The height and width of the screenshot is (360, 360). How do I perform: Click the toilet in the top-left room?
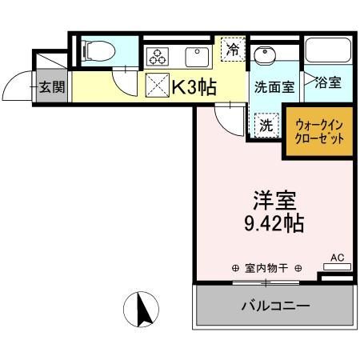[98, 50]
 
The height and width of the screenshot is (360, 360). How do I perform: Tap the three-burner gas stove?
[158, 57]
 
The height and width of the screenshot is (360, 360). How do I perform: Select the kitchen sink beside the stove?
[197, 57]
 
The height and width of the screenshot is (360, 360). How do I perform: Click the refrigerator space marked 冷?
[233, 50]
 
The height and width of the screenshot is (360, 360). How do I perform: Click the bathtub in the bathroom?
[328, 50]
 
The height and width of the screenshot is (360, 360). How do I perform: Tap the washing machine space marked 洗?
[266, 125]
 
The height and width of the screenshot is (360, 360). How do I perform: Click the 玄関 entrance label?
[52, 87]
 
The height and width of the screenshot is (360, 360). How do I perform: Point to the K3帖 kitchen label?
[194, 87]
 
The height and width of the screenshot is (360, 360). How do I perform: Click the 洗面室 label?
[274, 87]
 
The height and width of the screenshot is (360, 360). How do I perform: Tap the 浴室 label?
[328, 82]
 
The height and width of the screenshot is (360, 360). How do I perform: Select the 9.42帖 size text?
[274, 223]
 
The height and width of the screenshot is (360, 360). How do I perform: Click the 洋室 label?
[274, 201]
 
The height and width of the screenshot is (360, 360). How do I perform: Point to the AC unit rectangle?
[337, 266]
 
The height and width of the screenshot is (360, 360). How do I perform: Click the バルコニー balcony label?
[275, 306]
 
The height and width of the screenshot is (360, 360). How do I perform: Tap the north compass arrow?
[144, 310]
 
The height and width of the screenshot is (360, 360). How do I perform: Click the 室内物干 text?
[266, 268]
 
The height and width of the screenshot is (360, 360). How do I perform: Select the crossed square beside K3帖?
[158, 85]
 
